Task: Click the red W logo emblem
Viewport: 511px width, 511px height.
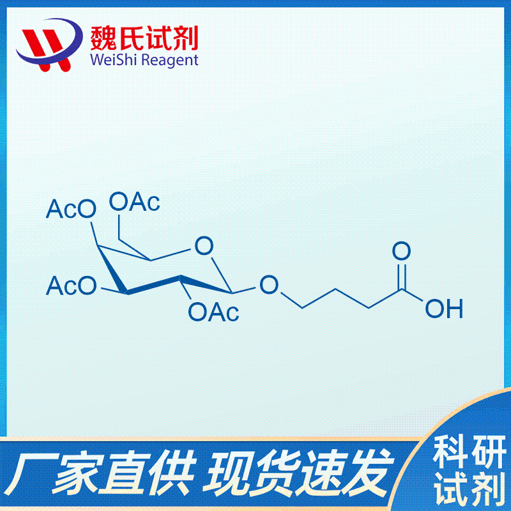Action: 49,45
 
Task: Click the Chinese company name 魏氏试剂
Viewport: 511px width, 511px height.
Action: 144,38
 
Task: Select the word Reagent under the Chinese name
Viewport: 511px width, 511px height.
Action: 170,61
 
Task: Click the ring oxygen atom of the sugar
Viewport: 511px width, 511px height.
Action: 204,246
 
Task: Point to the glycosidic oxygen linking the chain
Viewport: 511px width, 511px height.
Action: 269,284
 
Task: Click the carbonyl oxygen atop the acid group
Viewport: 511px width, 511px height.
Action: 401,250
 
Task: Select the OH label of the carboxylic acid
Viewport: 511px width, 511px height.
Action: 444,309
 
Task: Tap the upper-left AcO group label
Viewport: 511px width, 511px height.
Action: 72,209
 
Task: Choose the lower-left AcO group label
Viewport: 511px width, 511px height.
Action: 72,286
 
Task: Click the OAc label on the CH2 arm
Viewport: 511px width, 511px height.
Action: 135,202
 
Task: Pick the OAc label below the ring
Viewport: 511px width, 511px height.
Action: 213,312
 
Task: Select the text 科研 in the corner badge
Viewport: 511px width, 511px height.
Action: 469,453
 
